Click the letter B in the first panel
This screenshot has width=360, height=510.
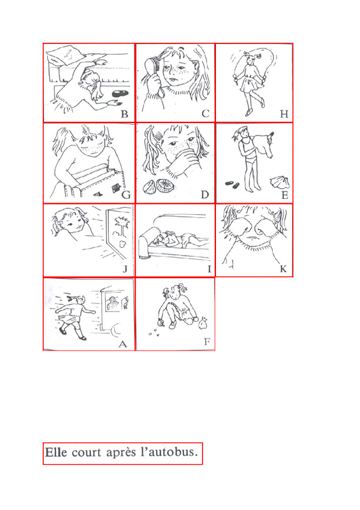pos(124,114)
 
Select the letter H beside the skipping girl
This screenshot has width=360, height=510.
pos(284,114)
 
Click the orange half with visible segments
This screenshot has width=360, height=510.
pos(165,186)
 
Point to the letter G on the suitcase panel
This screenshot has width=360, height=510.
pos(126,195)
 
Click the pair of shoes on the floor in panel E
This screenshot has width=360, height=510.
pos(232,185)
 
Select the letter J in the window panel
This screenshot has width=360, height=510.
pos(125,269)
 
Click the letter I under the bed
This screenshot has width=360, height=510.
pos(209,269)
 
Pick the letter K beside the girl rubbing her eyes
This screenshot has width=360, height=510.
pos(284,268)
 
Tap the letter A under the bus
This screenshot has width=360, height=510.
pos(122,344)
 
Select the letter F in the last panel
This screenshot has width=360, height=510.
pos(207,342)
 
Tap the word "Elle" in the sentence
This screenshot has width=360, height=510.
pos(56,452)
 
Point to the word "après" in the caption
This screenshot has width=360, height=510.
pos(121,453)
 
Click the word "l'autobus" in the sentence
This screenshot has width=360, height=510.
pos(169,452)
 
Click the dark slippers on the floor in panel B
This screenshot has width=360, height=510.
pos(120,94)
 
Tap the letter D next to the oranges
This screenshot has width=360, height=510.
pos(205,194)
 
